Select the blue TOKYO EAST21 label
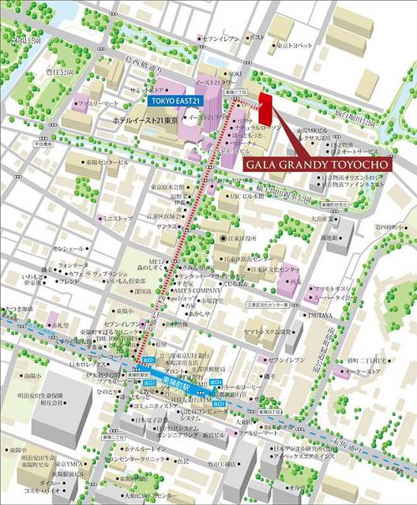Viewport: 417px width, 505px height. point(175,101)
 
